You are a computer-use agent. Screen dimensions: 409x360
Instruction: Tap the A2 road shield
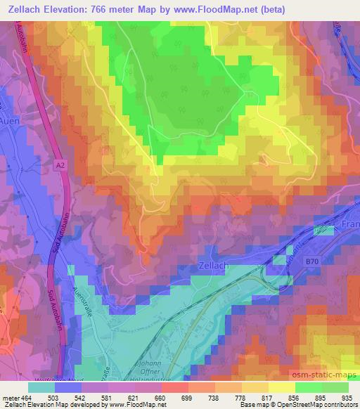point(62,162)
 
